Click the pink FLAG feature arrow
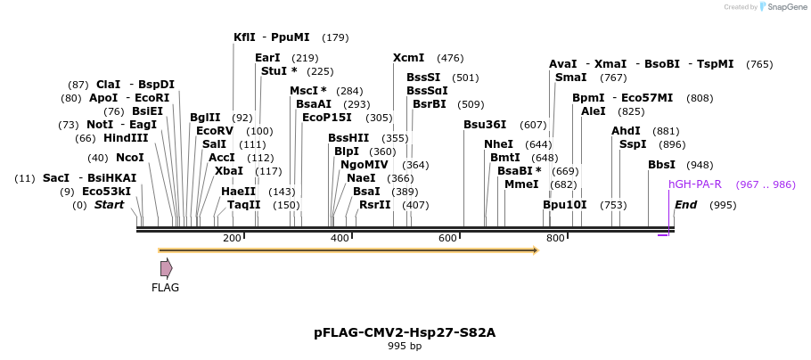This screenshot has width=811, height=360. click(166, 267)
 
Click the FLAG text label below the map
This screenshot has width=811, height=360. click(166, 287)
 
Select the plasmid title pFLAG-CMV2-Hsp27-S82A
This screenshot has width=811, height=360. click(405, 332)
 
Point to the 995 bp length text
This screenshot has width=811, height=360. click(405, 346)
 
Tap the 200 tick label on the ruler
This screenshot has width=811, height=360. click(232, 238)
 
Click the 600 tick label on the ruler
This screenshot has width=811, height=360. click(447, 238)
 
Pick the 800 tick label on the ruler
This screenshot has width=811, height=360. click(555, 238)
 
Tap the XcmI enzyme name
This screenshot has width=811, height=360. click(408, 58)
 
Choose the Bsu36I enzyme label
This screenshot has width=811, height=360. click(485, 125)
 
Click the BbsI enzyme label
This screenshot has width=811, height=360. click(661, 165)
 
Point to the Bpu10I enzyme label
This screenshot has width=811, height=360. click(565, 205)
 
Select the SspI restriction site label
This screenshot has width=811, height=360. click(633, 144)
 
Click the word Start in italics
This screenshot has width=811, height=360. click(109, 205)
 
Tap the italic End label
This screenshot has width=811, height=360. click(685, 205)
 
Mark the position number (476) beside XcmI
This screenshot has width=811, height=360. click(450, 58)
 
